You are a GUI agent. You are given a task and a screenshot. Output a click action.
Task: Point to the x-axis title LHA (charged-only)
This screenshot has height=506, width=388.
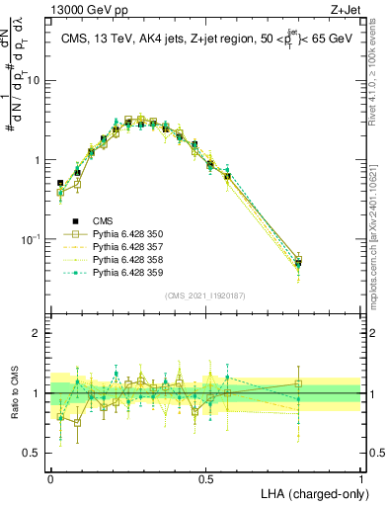(x=315, y=492)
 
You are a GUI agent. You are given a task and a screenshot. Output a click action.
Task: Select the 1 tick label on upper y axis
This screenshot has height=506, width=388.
(x=37, y=160)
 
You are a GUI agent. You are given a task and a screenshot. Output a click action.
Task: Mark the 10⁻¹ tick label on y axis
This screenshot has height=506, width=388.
(x=31, y=239)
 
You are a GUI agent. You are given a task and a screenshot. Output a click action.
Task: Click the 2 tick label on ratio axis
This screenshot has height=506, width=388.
(x=37, y=333)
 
